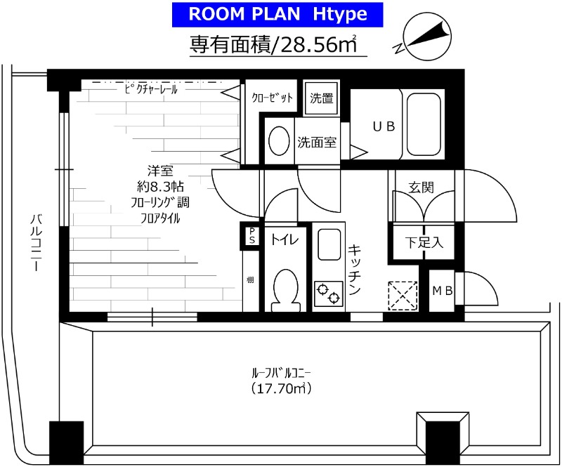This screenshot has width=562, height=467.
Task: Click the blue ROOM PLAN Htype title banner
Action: click(x=277, y=15)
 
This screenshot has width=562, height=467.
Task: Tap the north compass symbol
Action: click(x=425, y=37)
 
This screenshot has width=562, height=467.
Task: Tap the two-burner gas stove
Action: click(x=329, y=294)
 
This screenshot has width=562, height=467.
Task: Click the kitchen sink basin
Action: click(x=329, y=244)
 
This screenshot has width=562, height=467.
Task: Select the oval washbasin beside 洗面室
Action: click(x=279, y=141)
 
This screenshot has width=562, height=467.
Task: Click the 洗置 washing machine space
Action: click(x=322, y=98)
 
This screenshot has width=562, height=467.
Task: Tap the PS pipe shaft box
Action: click(x=252, y=236)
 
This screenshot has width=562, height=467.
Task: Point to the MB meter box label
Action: click(x=443, y=291)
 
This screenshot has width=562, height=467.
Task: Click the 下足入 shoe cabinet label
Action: click(x=424, y=243)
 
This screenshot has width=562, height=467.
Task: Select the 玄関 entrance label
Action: click(x=421, y=187)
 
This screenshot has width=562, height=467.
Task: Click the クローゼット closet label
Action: click(x=272, y=98)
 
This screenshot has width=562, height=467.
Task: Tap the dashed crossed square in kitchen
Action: click(x=403, y=296)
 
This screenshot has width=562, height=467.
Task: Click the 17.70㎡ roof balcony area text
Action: click(x=281, y=388)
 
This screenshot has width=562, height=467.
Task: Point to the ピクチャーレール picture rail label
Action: click(x=151, y=89)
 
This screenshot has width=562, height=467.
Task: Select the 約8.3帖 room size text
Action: click(x=161, y=186)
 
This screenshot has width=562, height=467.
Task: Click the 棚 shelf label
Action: click(x=250, y=279)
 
